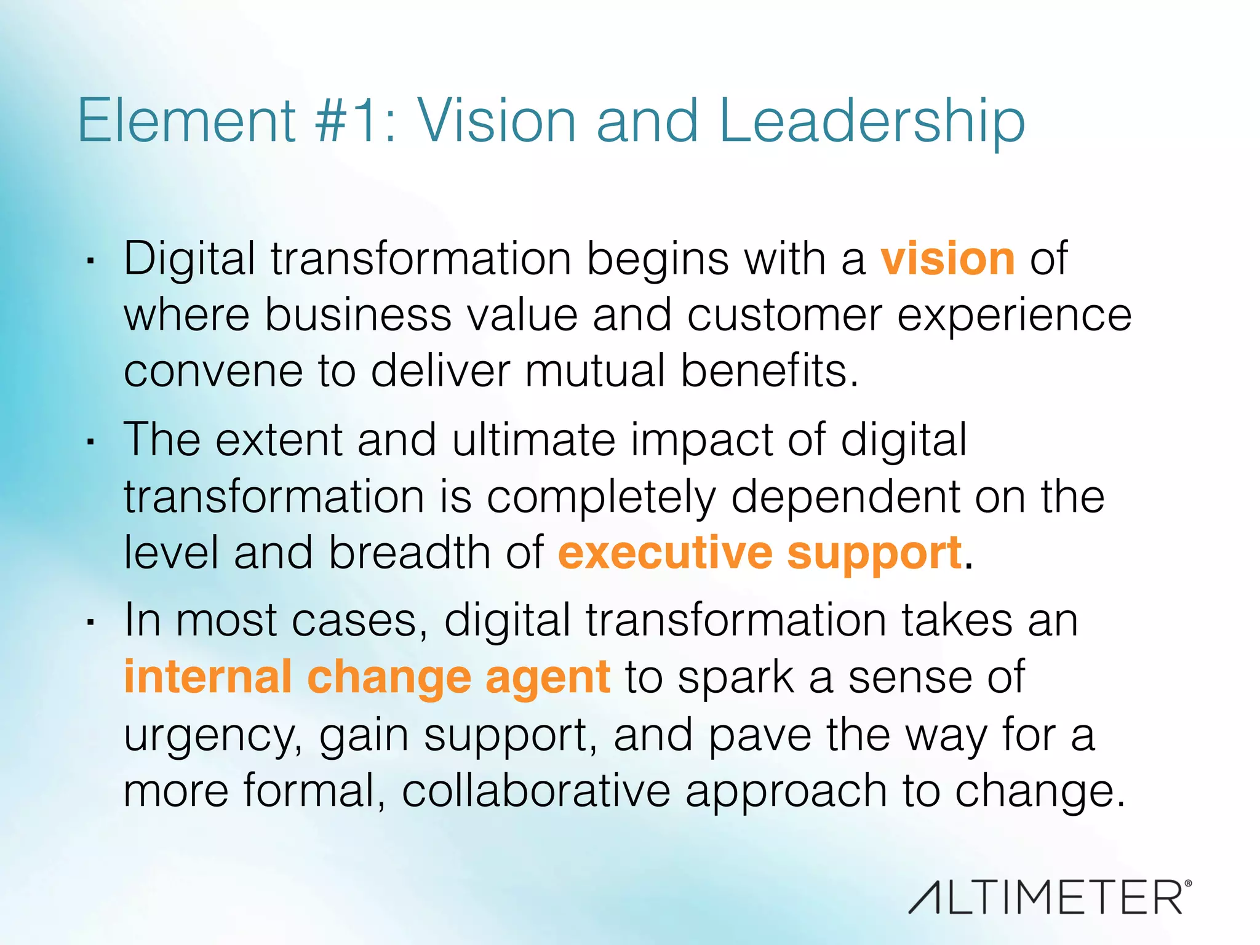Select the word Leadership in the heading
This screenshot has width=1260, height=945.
point(871,122)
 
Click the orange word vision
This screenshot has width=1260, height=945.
point(947,259)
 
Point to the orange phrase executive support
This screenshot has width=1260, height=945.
point(760,552)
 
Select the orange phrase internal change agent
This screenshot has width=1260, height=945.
point(367,677)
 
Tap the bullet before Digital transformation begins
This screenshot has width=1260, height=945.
point(90,261)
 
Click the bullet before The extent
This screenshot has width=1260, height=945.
point(90,442)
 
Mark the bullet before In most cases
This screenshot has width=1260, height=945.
point(90,622)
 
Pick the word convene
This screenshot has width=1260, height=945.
point(213,372)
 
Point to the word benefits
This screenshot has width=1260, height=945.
point(769,370)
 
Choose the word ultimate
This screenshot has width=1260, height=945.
point(533,440)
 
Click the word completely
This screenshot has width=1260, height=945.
point(602,497)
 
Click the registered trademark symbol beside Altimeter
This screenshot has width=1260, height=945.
point(1188,883)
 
